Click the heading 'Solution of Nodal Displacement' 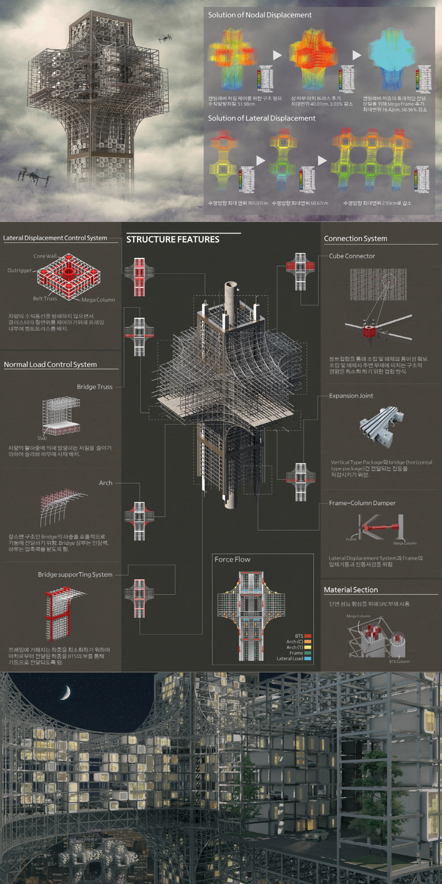click(260, 15)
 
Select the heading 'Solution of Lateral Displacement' click(262, 119)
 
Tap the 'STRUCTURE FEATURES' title click(173, 240)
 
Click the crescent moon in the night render click(66, 693)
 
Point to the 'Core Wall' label click(45, 256)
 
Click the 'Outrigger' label click(20, 270)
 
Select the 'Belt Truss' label click(45, 298)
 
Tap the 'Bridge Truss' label click(95, 387)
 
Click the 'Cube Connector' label click(352, 256)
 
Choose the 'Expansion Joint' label click(351, 396)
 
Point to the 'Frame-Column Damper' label click(362, 503)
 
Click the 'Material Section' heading click(351, 590)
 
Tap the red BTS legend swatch click(308, 636)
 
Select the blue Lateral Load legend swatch click(308, 658)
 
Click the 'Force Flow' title click(232, 559)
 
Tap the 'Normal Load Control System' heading click(50, 365)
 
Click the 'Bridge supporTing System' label click(75, 574)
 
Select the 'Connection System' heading click(355, 239)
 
